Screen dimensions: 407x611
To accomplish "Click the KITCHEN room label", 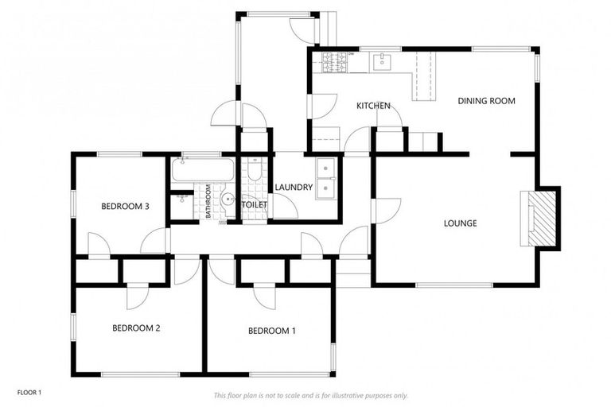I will pos(372,106).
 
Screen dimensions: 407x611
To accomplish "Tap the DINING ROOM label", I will pos(486,101).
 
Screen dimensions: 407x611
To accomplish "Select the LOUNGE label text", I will pos(460,223).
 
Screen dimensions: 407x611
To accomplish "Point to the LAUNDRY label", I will pos(294,188).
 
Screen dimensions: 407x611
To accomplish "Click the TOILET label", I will pos(255,205).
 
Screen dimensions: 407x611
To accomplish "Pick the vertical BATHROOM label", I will pos(208,201).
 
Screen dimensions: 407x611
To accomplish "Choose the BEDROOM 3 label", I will pos(126,207).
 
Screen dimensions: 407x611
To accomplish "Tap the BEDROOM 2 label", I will pos(137,328).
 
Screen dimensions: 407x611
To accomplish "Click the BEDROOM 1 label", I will pos(272,331).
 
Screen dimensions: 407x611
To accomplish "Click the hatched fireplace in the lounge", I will pos(543,218).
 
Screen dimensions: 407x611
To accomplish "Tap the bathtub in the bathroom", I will pos(200,170).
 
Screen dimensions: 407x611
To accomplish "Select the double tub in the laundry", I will pos(327,180).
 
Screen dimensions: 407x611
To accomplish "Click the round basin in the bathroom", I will pos(228,200).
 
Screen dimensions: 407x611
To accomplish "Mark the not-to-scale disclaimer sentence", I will pos(310,395).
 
